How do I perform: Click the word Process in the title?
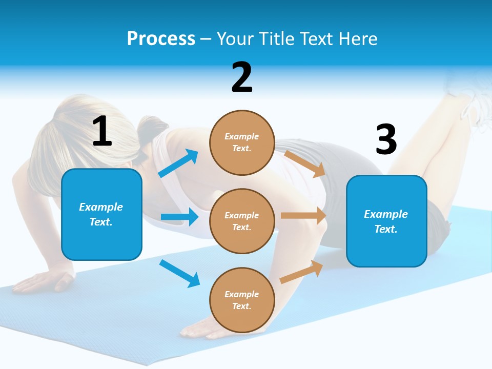coord(161,39)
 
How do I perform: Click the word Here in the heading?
coord(357,39)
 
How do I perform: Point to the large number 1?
coord(102,131)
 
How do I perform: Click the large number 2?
coord(242,77)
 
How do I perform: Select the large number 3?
coord(386,140)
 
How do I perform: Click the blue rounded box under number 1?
coord(101,214)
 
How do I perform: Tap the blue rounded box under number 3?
coord(386,221)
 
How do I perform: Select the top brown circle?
coord(242,142)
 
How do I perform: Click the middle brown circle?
coord(242,221)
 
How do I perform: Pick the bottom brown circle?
coord(242,300)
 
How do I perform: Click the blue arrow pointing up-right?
coord(178,163)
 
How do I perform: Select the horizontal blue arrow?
coord(179,217)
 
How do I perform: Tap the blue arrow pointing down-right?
coord(179,273)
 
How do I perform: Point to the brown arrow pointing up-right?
coord(301,272)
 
